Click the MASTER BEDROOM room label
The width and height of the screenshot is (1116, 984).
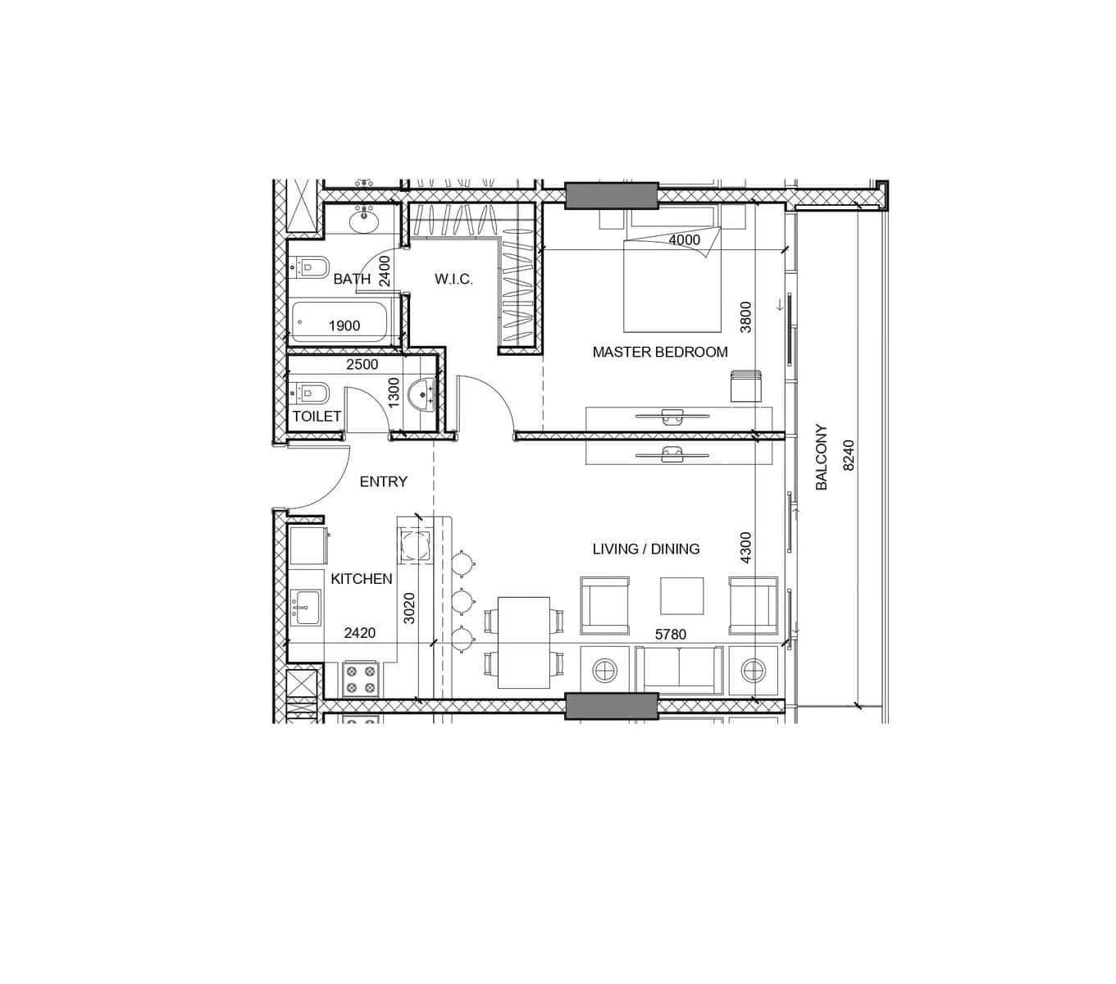click(660, 352)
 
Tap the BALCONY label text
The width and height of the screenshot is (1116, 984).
click(821, 457)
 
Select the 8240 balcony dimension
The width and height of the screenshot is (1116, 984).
click(849, 454)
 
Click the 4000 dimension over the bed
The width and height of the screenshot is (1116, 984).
click(684, 239)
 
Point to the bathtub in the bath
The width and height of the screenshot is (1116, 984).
click(339, 321)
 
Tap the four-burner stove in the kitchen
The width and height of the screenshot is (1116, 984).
click(360, 679)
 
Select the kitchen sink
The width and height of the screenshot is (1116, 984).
click(307, 607)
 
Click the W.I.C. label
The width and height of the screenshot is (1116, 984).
click(453, 279)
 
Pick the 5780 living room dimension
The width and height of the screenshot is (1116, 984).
click(671, 634)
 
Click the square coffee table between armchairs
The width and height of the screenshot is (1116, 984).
click(682, 595)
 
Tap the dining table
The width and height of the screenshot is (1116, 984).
click(524, 642)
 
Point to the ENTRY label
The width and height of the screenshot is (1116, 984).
click(384, 481)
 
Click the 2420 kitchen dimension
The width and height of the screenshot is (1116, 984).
click(360, 633)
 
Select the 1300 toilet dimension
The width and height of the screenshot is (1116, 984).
click(394, 393)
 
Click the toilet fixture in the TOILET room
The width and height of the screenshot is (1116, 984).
click(310, 394)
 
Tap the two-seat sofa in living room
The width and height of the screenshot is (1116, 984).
click(679, 670)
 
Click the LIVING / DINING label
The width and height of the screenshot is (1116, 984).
click(646, 549)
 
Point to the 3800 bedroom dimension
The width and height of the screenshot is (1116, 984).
click(745, 317)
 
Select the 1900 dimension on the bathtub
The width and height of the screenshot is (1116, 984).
click(344, 326)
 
